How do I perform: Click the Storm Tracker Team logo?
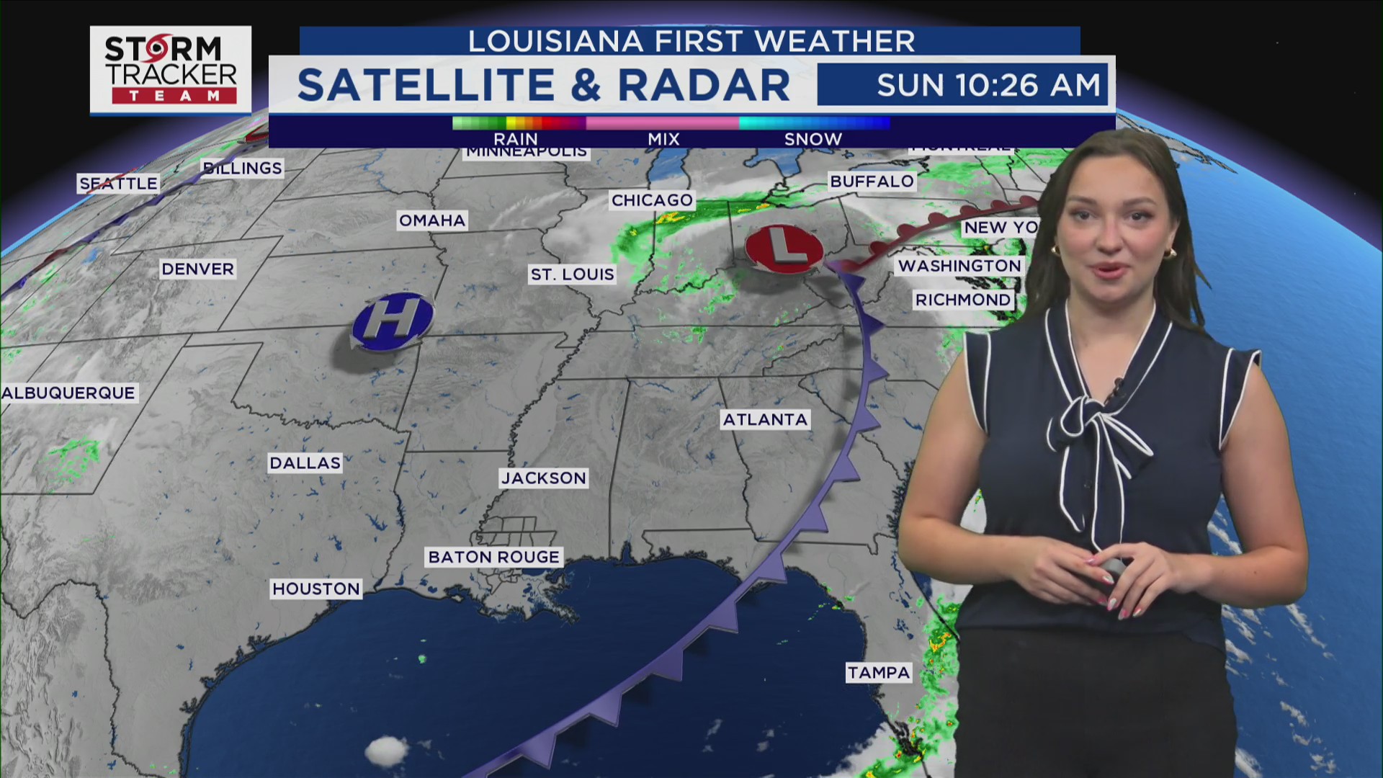pyautogui.click(x=171, y=70)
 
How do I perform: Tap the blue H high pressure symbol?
pyautogui.click(x=393, y=321)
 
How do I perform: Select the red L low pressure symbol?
pyautogui.click(x=784, y=249)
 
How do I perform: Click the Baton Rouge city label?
pyautogui.click(x=493, y=557)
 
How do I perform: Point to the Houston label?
pyautogui.click(x=315, y=589)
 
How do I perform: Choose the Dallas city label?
pyautogui.click(x=305, y=462)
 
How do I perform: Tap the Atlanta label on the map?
pyautogui.click(x=765, y=419)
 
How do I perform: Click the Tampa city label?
pyautogui.click(x=879, y=672)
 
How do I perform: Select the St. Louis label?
pyautogui.click(x=573, y=274)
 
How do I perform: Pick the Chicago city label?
pyautogui.click(x=652, y=200)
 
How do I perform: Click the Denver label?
pyautogui.click(x=197, y=269)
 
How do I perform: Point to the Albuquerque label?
pyautogui.click(x=68, y=393)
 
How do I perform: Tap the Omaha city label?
pyautogui.click(x=432, y=220)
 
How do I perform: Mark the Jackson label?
pyautogui.click(x=544, y=478)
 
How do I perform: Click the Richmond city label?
pyautogui.click(x=963, y=299)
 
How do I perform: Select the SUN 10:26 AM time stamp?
pyautogui.click(x=988, y=85)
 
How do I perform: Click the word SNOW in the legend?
pyautogui.click(x=813, y=138)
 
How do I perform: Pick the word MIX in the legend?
pyautogui.click(x=663, y=138)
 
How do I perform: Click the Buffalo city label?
pyautogui.click(x=872, y=181)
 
